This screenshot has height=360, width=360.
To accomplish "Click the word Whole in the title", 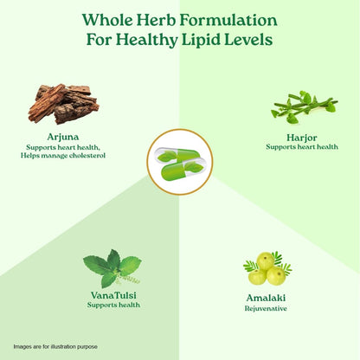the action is (107, 20).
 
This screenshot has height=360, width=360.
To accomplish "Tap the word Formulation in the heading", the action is (228, 20).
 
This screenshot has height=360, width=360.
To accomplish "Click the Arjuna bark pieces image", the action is (63, 104).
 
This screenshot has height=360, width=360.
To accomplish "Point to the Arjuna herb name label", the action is (63, 138).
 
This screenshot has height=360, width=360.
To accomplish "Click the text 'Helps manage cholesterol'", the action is (63, 156).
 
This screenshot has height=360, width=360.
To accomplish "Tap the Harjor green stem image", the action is (305, 107).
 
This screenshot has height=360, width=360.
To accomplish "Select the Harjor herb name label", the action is (302, 138).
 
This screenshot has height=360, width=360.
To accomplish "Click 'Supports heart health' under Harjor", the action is (302, 147).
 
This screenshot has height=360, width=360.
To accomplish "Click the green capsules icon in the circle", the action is (180, 162).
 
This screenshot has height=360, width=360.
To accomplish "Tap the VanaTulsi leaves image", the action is (113, 268).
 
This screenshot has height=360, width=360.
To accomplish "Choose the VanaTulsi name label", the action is (113, 295).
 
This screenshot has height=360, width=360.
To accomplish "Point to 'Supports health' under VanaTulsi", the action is (113, 305).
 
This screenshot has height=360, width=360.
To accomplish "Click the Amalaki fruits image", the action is (267, 268).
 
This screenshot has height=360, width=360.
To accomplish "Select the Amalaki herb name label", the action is (266, 298).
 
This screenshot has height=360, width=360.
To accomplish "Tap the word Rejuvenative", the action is (266, 308).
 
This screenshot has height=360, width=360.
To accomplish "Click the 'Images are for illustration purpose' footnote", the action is (55, 346).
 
